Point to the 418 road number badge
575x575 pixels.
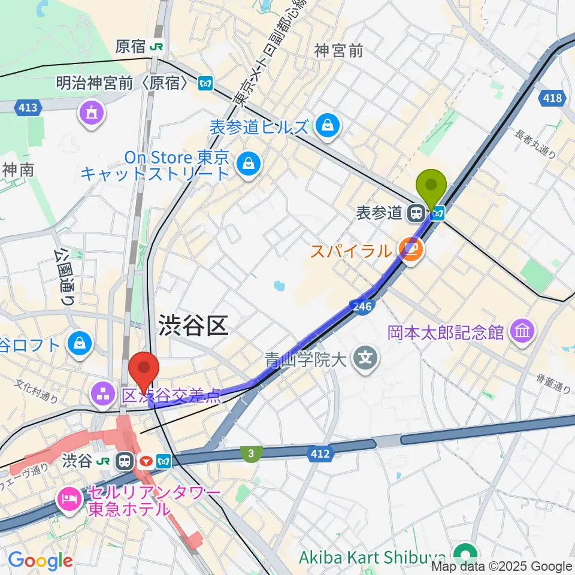click(552, 97)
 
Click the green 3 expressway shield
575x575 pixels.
click(250, 454)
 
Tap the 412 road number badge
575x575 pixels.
click(320, 454)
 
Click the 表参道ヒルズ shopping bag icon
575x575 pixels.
click(328, 125)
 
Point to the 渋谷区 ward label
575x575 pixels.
click(193, 326)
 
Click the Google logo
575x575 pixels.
click(40, 561)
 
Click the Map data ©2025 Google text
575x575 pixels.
click(502, 566)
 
